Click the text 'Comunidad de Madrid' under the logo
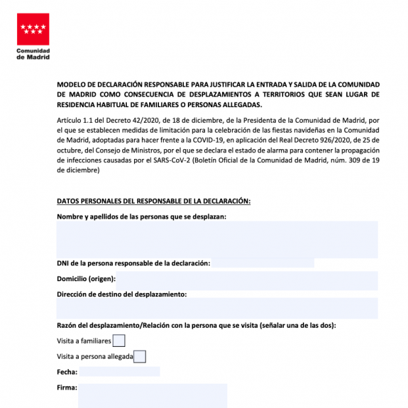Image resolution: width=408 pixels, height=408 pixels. [x=32, y=54]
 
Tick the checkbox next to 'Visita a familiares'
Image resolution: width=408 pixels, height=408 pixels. [x=119, y=340]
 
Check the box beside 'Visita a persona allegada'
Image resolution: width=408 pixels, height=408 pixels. [x=139, y=357]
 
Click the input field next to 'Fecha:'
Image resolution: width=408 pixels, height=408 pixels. [x=119, y=372]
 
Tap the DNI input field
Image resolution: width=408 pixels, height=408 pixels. [x=263, y=263]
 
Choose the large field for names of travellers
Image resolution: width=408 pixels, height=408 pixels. [x=217, y=239]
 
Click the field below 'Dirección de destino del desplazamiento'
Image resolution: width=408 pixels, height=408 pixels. [x=217, y=308]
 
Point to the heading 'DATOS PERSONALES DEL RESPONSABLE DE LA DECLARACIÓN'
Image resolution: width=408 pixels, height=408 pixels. [x=154, y=200]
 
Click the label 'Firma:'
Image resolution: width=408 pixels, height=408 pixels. [x=67, y=388]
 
